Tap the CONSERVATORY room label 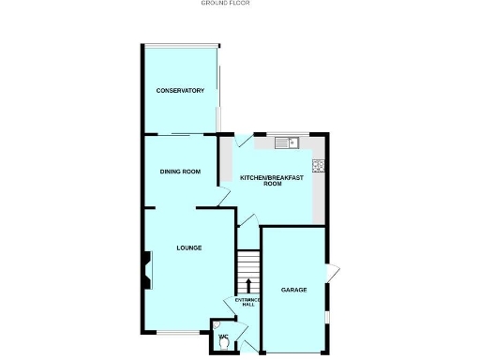(x=180, y=90)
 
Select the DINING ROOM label (x=180, y=172)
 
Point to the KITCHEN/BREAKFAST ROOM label (x=272, y=181)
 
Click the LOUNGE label (x=188, y=247)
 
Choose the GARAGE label (x=294, y=290)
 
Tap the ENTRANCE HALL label (x=245, y=302)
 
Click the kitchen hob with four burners (x=319, y=167)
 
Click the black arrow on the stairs (x=248, y=285)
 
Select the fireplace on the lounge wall (x=146, y=266)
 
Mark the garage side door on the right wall (x=331, y=273)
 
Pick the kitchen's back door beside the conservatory (x=244, y=142)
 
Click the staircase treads (x=248, y=262)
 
